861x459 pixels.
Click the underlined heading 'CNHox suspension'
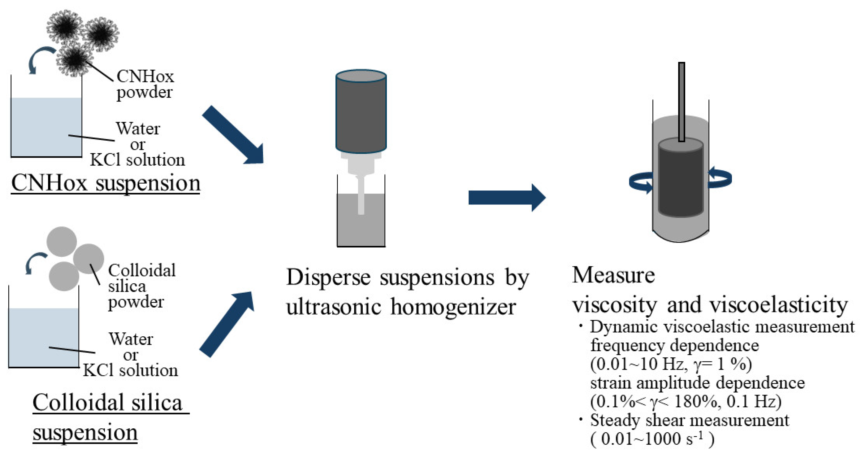[106, 183]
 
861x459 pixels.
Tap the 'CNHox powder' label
[145, 84]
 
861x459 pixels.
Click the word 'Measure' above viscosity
[613, 275]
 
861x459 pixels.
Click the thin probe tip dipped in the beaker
[361, 197]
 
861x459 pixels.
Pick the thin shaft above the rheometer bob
[681, 100]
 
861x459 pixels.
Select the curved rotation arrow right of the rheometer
[720, 178]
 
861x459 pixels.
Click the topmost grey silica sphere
[62, 242]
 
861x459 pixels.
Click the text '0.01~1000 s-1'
[652, 439]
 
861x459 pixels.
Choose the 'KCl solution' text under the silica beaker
[130, 370]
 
